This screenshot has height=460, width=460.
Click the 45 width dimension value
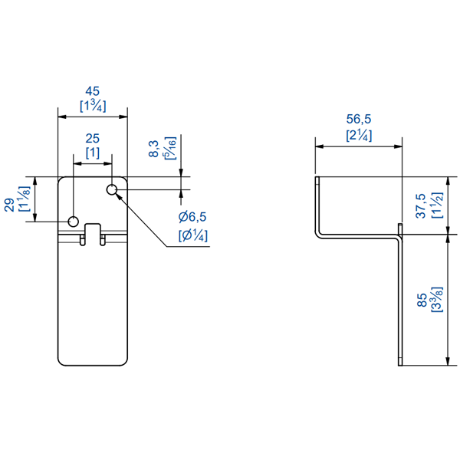tap(93, 90)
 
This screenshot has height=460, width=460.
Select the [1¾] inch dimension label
tap(93, 105)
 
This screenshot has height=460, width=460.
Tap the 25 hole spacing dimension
tap(93, 139)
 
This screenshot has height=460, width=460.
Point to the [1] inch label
tap(93, 153)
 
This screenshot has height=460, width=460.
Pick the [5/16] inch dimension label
tap(169, 148)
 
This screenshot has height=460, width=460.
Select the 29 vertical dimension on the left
tap(9, 202)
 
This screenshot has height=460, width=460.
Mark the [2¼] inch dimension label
tap(359, 135)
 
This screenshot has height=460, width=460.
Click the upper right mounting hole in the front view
tap(113, 189)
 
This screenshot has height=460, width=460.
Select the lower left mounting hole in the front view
tap(74, 222)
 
